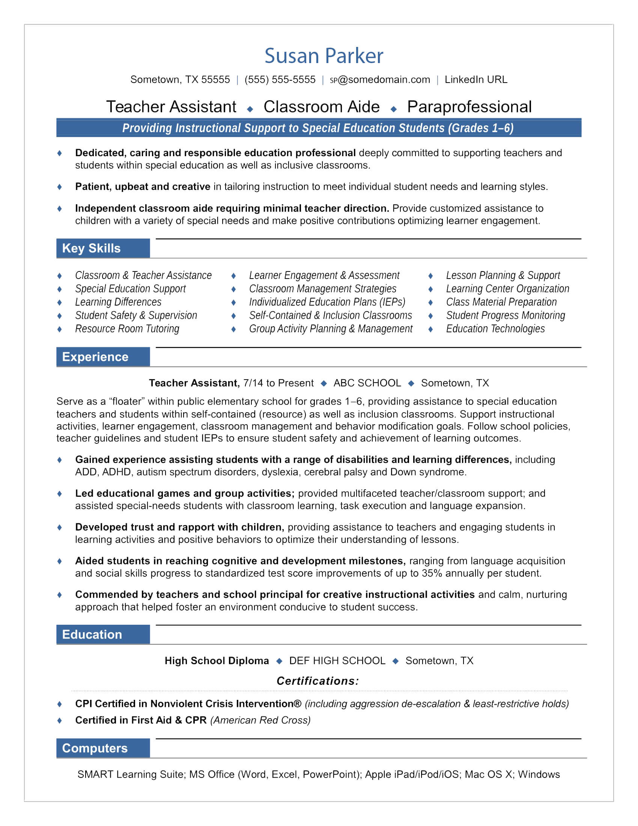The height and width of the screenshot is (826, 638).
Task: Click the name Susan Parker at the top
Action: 324,56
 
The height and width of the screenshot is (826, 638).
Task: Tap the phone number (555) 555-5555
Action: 280,80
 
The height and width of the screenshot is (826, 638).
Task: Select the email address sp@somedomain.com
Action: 380,80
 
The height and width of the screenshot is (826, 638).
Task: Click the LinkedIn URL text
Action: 476,80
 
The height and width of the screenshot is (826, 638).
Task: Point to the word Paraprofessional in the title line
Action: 469,107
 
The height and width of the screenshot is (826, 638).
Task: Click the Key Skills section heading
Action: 92,249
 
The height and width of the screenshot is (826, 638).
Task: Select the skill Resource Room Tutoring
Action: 127,329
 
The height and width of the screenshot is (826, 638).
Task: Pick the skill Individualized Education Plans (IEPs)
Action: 327,302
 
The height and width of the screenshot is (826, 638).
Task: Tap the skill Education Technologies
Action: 495,329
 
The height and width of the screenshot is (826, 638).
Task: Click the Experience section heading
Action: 95,357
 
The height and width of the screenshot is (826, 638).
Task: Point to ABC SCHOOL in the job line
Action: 367,383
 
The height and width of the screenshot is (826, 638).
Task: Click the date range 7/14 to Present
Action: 278,383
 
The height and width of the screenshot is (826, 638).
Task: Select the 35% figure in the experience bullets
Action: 432,573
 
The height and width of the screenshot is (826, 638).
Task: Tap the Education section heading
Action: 92,635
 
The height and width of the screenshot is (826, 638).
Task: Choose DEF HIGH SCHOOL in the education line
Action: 337,661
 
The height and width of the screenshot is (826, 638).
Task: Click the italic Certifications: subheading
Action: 318,681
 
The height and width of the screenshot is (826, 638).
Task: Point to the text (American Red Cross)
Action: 260,720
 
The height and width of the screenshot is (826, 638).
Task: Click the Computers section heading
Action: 95,748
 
